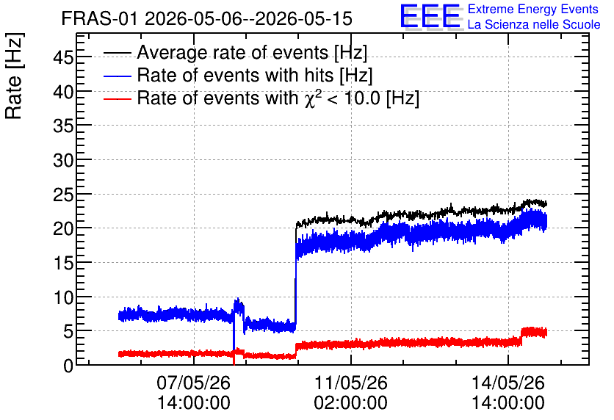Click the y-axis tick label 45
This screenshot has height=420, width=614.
[63, 58]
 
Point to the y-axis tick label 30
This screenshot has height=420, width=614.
[63, 160]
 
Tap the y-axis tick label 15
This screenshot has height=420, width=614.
[63, 263]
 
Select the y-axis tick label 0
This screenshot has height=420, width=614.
[68, 366]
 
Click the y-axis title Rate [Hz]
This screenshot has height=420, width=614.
[14, 76]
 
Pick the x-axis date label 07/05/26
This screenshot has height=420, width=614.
[193, 383]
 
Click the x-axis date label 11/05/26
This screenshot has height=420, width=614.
[351, 383]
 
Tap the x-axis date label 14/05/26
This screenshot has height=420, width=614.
[508, 383]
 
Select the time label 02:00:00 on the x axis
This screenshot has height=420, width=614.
[351, 403]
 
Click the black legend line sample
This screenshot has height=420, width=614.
[117, 53]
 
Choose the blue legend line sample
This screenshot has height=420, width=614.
[117, 76]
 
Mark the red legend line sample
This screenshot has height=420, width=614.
[117, 98]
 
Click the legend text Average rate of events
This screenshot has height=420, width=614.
[233, 52]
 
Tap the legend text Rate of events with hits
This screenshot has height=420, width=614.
[235, 75]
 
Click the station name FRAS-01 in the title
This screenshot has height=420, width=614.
[100, 19]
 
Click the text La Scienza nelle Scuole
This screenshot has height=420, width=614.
[534, 24]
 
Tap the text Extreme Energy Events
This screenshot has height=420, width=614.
[533, 9]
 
